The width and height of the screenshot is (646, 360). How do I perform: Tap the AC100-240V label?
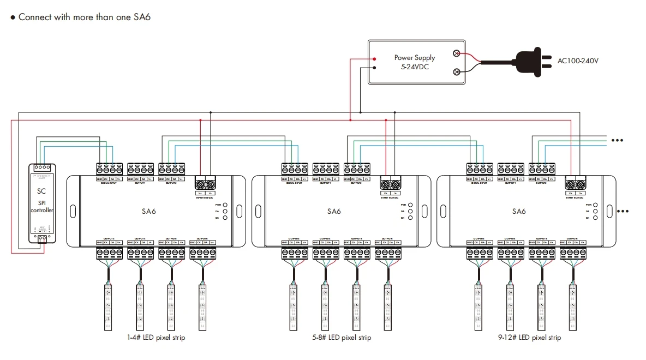578,61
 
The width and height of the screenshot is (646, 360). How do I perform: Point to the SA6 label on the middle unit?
333,211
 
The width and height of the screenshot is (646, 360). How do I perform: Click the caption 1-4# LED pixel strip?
155,338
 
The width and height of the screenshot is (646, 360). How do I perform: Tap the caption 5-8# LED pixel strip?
342,338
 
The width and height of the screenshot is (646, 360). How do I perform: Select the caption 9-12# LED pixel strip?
529,338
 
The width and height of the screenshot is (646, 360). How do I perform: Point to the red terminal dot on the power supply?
374,59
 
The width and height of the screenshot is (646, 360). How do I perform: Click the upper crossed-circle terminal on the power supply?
457,53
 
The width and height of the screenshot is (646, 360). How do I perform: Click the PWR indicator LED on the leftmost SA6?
225,205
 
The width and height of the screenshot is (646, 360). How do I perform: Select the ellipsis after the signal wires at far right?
617,140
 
